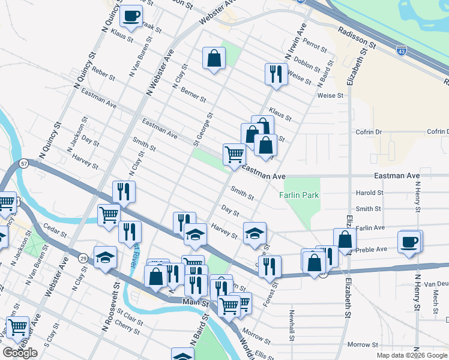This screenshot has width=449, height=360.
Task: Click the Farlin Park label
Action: tap(299, 195)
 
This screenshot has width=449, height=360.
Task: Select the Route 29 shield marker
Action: tap(82, 257)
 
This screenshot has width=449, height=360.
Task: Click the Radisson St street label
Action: tap(357, 37)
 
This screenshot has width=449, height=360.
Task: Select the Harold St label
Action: tap(369, 193)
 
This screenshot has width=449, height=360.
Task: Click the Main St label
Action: tap(196, 304)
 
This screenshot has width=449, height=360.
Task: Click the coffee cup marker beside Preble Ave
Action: tap(410, 242)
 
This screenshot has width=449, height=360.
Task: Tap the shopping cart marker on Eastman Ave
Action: tap(234, 154)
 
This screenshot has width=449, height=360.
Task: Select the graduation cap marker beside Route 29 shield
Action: tap(106, 257)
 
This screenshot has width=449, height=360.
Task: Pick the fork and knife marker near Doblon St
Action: tap(276, 74)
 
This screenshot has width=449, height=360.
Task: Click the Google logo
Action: tap(20, 353)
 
